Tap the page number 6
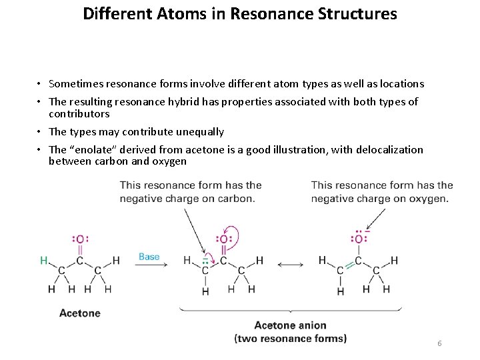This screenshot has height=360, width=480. tap(439, 343)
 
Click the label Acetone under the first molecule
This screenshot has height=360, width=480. tap(80, 313)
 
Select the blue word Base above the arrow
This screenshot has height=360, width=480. tap(149, 257)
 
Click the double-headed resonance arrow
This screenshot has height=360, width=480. tap(290, 265)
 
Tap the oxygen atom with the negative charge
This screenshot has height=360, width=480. tap(359, 239)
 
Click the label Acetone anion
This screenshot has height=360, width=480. tap(290, 326)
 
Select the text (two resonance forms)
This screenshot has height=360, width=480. tap(290, 338)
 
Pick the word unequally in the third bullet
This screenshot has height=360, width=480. tap(197, 132)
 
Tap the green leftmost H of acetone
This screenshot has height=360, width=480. tap(44, 261)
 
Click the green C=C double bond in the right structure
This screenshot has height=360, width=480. tap(349, 266)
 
